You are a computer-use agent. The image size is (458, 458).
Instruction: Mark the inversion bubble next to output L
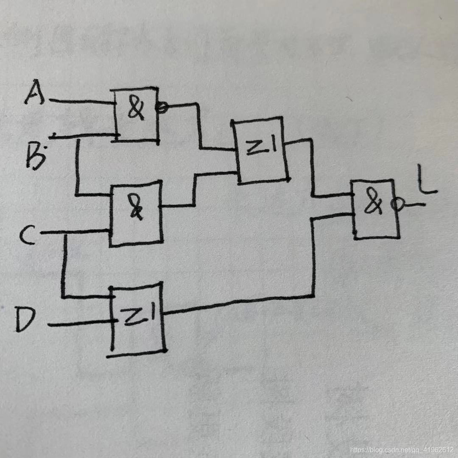pyautogui.click(x=396, y=205)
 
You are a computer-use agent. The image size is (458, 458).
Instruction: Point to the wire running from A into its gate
pyautogui.click(x=81, y=102)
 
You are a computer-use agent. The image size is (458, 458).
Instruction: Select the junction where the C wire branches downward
pyautogui.click(x=65, y=233)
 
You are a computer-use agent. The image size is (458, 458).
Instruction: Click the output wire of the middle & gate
pyautogui.click(x=178, y=206)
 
